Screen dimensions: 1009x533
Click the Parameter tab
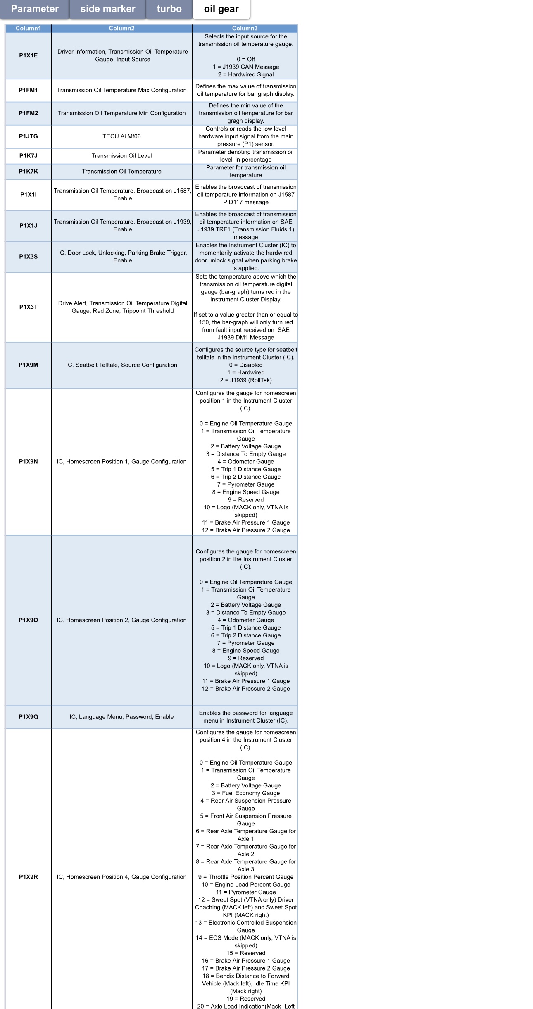pos(35,9)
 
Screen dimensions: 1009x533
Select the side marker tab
pos(108,9)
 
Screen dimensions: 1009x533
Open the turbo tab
pos(169,9)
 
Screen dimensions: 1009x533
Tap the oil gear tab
pos(221,9)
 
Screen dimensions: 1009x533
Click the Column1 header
pos(28,29)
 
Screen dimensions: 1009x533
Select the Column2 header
pos(121,29)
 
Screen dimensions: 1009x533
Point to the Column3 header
pos(245,29)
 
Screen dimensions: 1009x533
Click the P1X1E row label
pos(28,55)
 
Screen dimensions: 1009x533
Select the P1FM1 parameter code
pos(28,90)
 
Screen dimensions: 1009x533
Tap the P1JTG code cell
pos(28,136)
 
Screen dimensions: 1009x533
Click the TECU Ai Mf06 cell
pos(121,136)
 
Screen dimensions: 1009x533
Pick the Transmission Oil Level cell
pos(121,156)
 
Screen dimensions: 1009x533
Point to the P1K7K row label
pos(28,172)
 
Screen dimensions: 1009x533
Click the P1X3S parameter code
pos(28,257)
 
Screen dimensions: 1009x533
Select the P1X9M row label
pos(28,365)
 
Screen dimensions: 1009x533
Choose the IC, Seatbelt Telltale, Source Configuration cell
pos(121,365)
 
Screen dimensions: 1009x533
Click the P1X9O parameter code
pos(28,620)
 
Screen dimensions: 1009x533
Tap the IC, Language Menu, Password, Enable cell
pos(121,717)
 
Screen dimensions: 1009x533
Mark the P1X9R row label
pos(28,877)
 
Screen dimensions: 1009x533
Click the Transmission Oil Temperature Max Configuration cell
pos(121,90)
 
